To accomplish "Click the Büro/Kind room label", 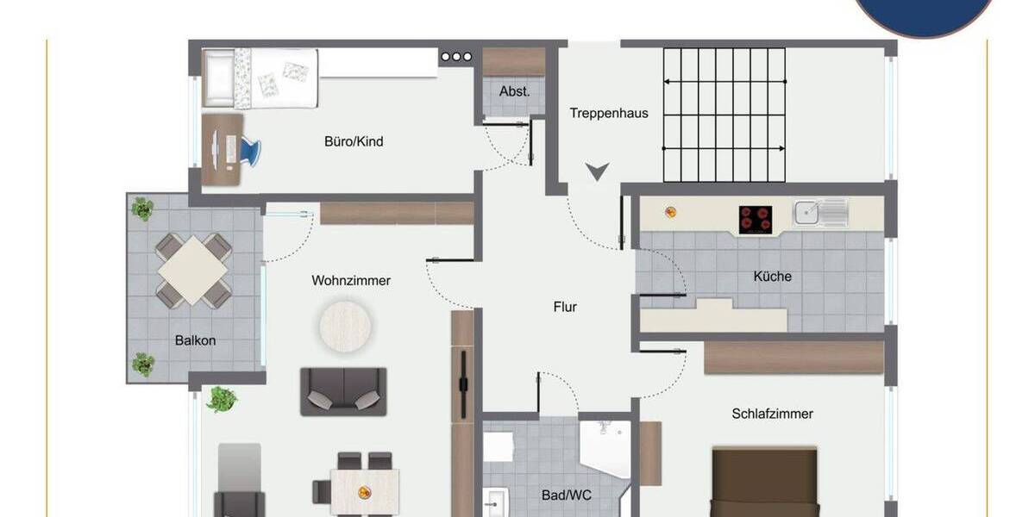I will click(x=354, y=141).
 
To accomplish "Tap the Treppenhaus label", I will click(x=609, y=113).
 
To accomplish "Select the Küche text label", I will click(x=772, y=277).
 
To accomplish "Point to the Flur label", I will click(x=565, y=307).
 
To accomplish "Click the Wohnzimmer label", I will click(x=351, y=280).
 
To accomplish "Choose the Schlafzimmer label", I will click(x=772, y=414).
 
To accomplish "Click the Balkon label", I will click(x=195, y=340).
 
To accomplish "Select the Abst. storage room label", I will click(x=514, y=90).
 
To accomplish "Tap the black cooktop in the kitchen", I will click(x=755, y=220).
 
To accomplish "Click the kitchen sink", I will click(x=819, y=212).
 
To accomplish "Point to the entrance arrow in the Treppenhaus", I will click(x=596, y=171).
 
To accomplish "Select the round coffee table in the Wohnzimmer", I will click(x=347, y=326).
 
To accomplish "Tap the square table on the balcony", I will click(x=193, y=271).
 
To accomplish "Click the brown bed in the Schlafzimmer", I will click(x=763, y=483).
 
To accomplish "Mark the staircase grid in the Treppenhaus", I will click(x=724, y=115).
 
